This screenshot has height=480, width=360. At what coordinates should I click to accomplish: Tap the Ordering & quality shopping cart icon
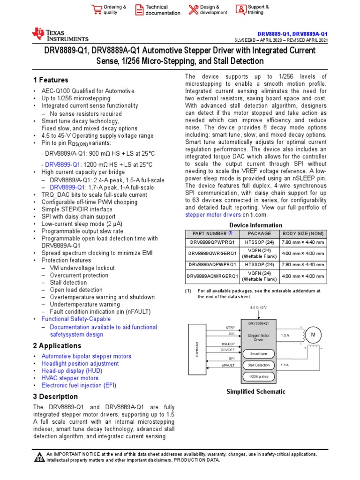97,10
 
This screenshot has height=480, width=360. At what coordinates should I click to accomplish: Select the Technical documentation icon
139,10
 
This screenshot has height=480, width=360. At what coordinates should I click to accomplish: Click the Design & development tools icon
193,10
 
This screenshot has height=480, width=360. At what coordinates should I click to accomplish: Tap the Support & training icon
240,10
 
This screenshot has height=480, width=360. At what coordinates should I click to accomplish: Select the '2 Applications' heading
57,346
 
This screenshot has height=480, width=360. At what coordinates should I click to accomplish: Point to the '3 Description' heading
55,397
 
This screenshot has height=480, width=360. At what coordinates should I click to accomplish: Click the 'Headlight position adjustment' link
80,363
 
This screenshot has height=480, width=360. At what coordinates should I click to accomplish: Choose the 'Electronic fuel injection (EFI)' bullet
79,385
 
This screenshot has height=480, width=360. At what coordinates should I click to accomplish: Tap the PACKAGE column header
259,233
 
